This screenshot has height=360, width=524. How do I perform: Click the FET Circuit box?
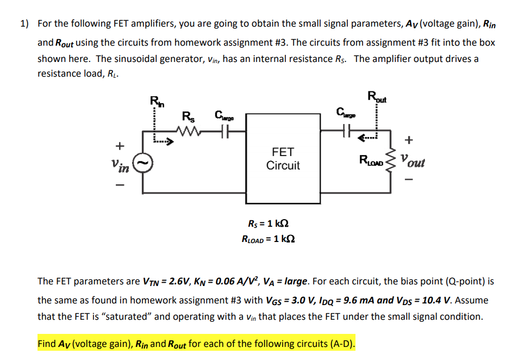click(x=283, y=158)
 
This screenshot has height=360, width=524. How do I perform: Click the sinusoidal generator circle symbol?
click(x=142, y=162)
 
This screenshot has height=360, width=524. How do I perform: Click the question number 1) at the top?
click(x=24, y=24)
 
